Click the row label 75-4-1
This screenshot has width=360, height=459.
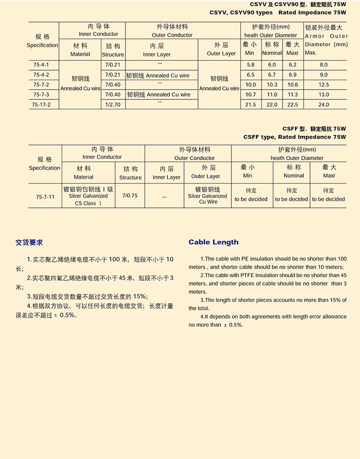(x=40, y=65)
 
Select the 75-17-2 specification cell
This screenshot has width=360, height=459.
(x=40, y=104)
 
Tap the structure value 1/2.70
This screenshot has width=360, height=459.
(x=112, y=104)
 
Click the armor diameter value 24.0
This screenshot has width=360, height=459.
(x=324, y=104)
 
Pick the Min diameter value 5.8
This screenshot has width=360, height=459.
(x=250, y=65)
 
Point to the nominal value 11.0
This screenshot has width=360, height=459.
(x=272, y=94)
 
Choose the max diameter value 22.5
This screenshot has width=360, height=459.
(x=292, y=104)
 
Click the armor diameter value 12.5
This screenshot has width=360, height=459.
(x=324, y=85)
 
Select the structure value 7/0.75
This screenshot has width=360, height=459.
(x=130, y=196)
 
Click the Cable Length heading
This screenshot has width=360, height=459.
(x=213, y=242)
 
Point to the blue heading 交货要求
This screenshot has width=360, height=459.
(x=29, y=243)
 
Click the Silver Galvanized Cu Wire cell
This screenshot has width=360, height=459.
(x=207, y=196)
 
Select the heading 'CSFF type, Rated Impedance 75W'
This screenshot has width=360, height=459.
(x=294, y=137)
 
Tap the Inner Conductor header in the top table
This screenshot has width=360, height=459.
(x=99, y=30)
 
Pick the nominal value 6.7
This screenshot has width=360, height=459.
(x=272, y=75)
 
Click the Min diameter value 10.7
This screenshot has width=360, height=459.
(x=250, y=94)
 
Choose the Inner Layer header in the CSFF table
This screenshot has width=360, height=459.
(x=166, y=173)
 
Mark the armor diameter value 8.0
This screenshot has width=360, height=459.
(x=324, y=65)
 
